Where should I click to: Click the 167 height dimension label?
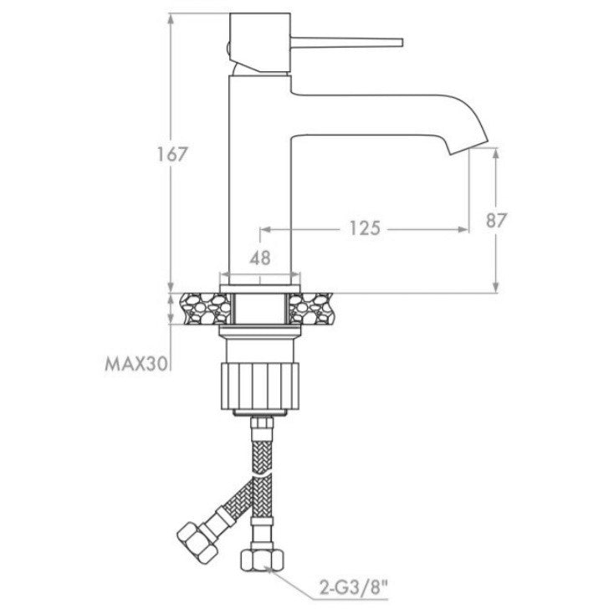tap(172, 154)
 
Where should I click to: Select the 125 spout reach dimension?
tap(365, 228)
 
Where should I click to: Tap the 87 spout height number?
tap(496, 221)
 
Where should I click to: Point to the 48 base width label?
tap(260, 258)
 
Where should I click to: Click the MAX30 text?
tap(136, 364)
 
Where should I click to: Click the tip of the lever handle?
tap(402, 43)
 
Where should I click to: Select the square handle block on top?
tap(260, 43)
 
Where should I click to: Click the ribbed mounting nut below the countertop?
tap(260, 386)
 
